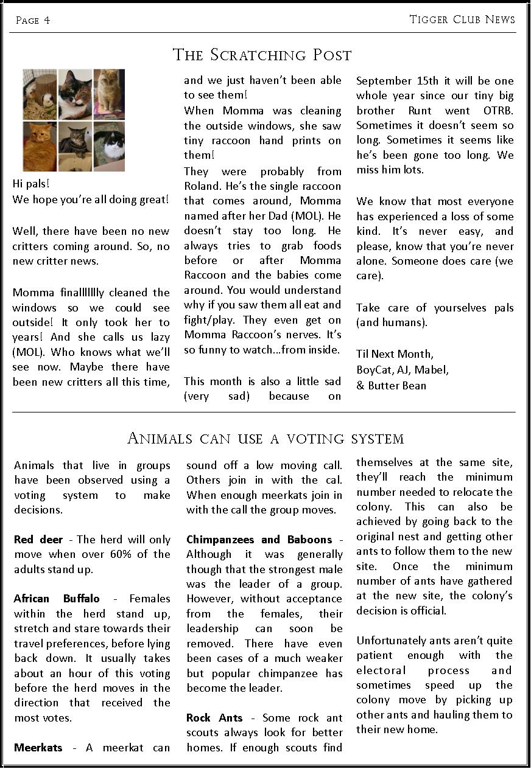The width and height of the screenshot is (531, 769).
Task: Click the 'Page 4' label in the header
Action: [33, 21]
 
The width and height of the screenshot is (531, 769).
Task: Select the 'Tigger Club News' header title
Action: [462, 19]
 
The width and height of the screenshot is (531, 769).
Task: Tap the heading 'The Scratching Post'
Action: [262, 55]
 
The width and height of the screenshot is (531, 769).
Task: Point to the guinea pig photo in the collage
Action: [40, 94]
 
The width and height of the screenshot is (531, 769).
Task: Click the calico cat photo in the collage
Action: [75, 94]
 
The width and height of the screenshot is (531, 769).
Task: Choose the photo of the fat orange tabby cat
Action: [40, 146]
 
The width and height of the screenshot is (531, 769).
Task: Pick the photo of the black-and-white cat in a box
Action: [110, 146]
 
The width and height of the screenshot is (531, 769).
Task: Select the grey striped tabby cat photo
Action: [75, 146]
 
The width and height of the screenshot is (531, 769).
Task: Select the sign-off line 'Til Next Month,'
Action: [395, 353]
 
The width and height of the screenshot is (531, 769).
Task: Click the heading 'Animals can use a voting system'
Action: [265, 438]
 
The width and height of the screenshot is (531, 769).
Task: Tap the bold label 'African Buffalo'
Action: [57, 599]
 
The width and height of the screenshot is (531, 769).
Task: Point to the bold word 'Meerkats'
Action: [38, 747]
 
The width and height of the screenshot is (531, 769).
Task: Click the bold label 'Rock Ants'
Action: [214, 718]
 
